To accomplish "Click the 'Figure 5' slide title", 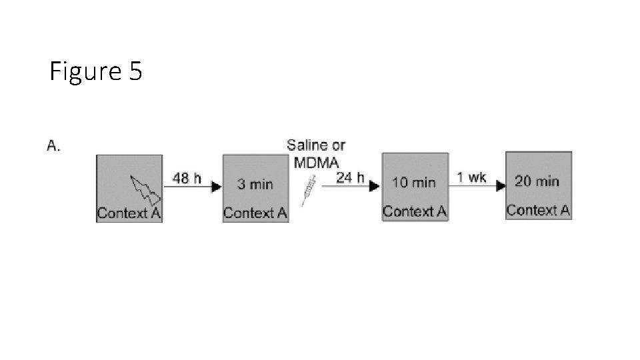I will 95,71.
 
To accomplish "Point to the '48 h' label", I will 187,178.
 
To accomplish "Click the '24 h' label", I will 351,177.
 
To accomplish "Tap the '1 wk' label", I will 471,177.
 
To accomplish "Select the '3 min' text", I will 255,184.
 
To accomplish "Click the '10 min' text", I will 414,182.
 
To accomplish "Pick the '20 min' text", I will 537,181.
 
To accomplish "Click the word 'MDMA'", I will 316,161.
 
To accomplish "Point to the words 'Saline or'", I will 316,145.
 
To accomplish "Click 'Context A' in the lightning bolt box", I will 129,213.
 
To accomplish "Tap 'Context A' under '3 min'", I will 255,213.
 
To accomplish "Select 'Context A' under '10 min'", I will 414,212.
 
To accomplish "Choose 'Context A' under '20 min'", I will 538,211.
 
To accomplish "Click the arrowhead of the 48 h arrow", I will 216,187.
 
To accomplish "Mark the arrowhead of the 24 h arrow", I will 375,187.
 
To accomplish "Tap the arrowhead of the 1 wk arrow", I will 500,186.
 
